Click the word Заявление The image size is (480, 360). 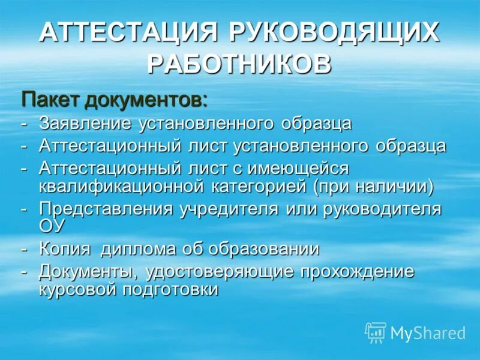pos(85,124)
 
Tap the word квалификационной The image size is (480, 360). pos(119,186)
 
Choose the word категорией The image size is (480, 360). pos(259,186)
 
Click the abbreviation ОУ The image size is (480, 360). pos(52,227)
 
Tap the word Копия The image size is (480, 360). pos(64,249)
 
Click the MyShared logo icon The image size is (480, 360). pos(376,332)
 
